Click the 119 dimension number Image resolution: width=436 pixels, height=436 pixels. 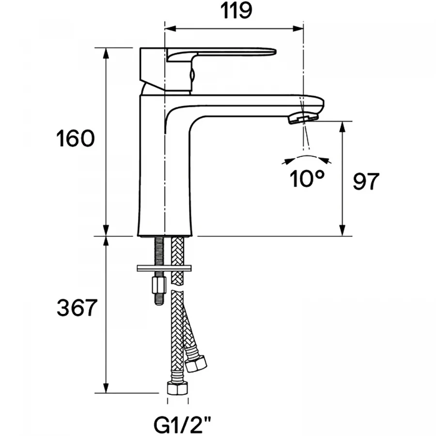tap(236, 11)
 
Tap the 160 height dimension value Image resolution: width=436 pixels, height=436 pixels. tap(76, 139)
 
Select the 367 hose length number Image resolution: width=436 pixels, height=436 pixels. tap(77, 308)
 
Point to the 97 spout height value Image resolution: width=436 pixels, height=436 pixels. tap(366, 181)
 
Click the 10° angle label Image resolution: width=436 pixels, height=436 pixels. tap(307, 178)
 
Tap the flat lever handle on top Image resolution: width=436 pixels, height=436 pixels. tap(221, 53)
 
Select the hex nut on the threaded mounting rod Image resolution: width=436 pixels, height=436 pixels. tap(159, 285)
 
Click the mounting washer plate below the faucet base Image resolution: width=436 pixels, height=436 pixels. tap(164, 268)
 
